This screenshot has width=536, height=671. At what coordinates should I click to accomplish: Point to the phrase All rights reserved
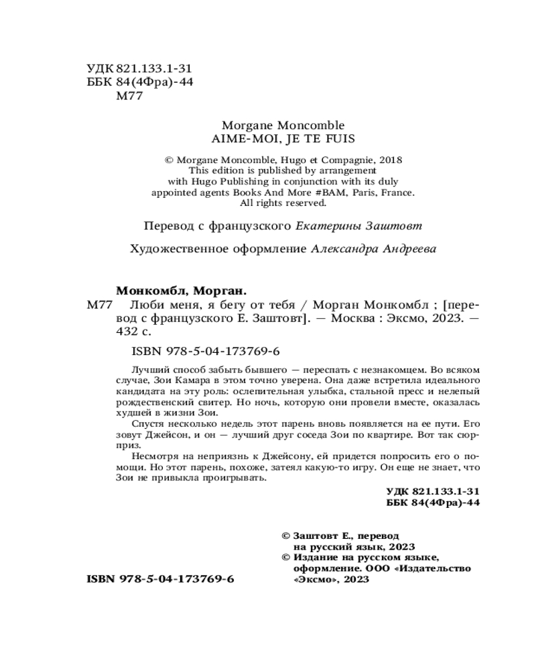click(x=282, y=203)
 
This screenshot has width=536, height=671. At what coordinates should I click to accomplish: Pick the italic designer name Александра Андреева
click(x=374, y=249)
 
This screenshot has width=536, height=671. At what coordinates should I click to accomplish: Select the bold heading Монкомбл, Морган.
click(x=182, y=291)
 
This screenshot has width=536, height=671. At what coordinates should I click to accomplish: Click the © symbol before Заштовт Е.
click(x=286, y=536)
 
